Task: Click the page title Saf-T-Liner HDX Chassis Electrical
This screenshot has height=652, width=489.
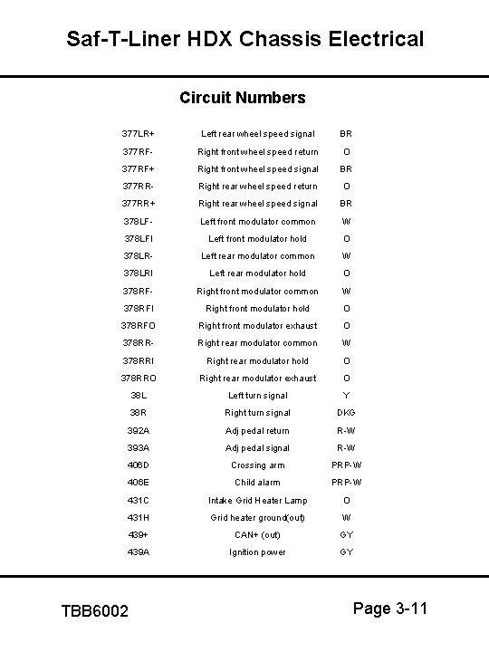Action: coord(244,39)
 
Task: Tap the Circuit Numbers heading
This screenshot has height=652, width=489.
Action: coord(243,97)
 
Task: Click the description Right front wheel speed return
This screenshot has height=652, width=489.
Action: coord(258,151)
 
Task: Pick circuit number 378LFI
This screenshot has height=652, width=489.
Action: coord(139,239)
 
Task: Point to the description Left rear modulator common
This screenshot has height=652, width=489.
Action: coord(258,256)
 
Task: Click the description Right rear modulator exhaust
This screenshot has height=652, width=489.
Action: coord(258,378)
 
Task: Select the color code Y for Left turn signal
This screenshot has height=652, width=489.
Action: coord(346,396)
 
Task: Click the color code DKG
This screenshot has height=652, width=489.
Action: coord(346,413)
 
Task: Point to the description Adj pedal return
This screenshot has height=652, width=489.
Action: coord(258,430)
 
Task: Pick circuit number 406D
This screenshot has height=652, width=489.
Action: coord(139,465)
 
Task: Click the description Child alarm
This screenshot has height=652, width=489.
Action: coord(258,483)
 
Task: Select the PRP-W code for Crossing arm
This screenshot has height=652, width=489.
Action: coord(346,465)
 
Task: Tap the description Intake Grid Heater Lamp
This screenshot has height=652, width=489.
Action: coord(258,501)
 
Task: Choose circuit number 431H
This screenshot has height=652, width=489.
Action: coord(139,518)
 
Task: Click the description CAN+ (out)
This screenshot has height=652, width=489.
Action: coord(258,534)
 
